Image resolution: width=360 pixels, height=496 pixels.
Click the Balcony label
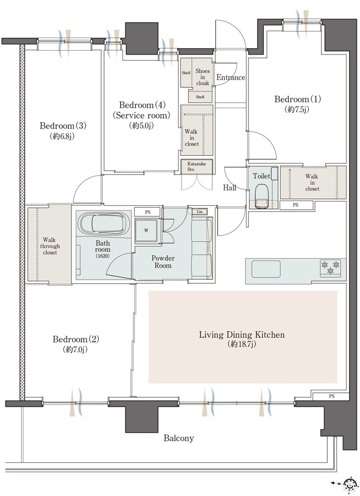[x=179, y=438]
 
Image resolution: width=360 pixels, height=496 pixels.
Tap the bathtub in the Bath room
[x=104, y=223]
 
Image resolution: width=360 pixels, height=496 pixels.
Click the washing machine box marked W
[x=146, y=230]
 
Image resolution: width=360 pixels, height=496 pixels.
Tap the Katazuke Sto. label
[x=196, y=166]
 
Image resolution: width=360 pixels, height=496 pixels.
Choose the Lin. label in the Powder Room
[x=200, y=211]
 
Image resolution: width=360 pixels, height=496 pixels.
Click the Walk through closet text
[x=50, y=246]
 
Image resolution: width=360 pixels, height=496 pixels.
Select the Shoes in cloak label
[x=202, y=77]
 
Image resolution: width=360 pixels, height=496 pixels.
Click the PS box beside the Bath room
[x=147, y=212]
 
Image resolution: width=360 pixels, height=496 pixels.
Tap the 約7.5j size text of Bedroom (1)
[x=297, y=110]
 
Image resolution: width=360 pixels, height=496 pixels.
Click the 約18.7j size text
[x=241, y=344]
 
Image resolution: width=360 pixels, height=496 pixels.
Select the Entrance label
[x=231, y=77]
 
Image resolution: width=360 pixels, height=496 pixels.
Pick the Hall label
[x=230, y=188]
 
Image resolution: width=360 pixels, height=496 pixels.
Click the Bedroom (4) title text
[x=142, y=105]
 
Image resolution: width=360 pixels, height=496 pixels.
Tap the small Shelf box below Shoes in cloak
[x=200, y=97]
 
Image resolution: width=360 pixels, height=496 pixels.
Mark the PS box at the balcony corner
[x=331, y=396]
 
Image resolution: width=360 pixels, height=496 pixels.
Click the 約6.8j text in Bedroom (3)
[x=62, y=136]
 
